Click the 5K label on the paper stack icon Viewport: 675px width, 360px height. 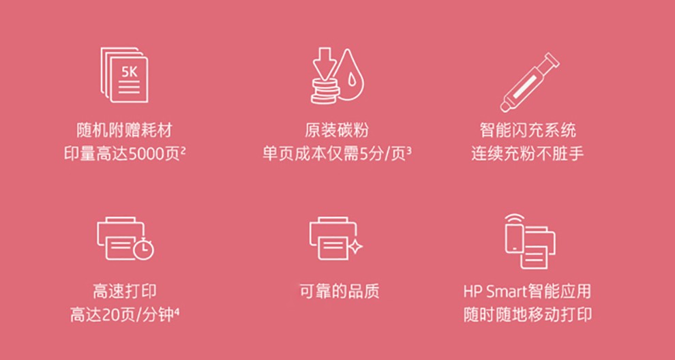129,72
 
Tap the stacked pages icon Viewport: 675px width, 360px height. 124,75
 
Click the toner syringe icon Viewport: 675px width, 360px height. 529,82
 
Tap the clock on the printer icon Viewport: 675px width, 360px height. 144,250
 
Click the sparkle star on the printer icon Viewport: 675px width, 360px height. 356,247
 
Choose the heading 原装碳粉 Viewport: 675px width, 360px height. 337,130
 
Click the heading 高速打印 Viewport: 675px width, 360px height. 124,292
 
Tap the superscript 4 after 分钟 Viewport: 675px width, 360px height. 177,312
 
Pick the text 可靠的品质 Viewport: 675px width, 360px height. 340,292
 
